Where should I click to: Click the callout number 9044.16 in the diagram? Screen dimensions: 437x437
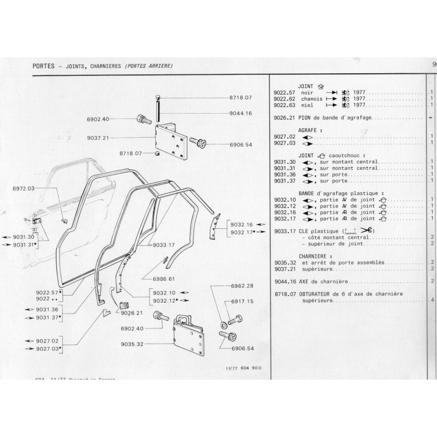(240, 113)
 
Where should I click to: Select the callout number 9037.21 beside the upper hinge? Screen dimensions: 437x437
(98, 138)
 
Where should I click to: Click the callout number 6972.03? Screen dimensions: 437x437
(23, 188)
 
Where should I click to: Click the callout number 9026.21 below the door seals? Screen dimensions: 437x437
(131, 313)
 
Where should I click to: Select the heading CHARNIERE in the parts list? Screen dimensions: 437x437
(316, 255)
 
